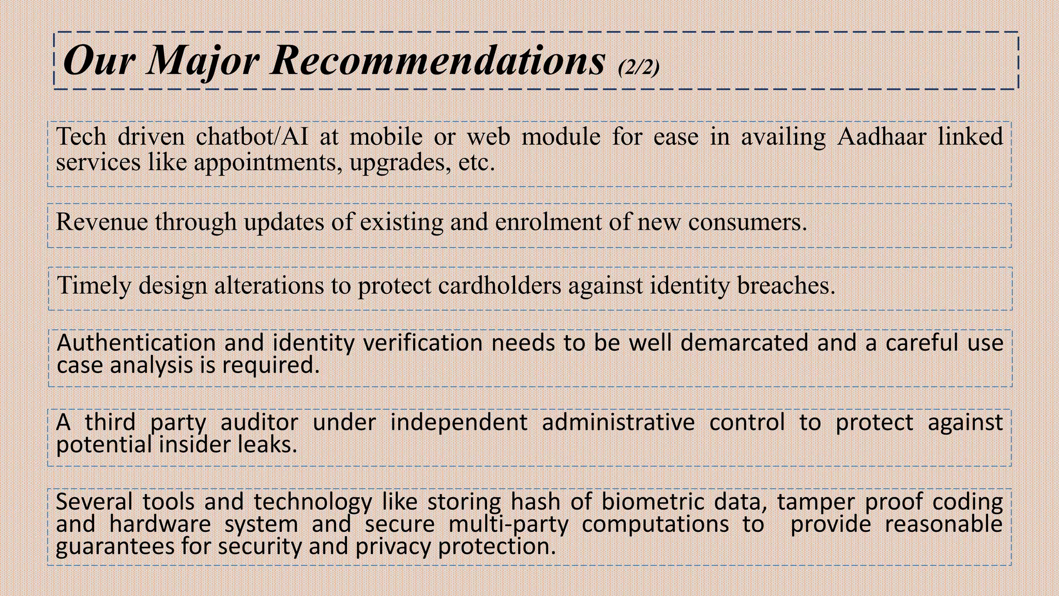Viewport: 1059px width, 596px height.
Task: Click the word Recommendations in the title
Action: point(437,61)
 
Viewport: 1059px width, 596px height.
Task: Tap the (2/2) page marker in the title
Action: point(639,67)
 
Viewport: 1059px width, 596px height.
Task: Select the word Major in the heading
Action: point(203,61)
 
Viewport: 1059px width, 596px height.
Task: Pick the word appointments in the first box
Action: point(267,162)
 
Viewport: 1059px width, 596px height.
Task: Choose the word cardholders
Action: point(500,286)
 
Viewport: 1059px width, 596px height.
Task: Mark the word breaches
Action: point(785,286)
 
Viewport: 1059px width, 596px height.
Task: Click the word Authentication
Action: point(136,343)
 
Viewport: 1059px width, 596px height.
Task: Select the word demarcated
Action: point(744,343)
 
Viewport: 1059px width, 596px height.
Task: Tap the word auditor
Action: point(259,423)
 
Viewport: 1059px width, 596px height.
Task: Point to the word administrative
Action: point(618,423)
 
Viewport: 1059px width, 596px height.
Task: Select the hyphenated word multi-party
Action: point(508,525)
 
